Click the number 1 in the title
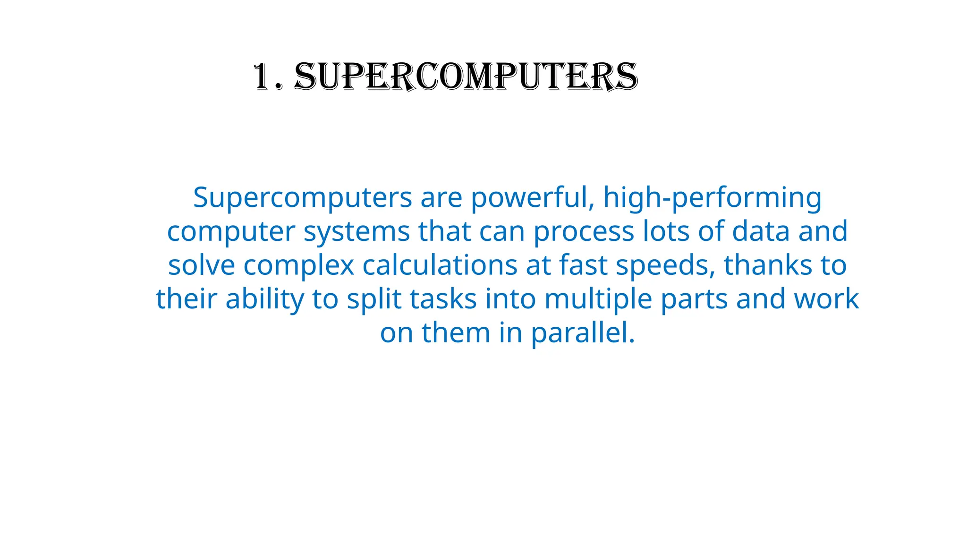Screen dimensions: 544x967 point(263,76)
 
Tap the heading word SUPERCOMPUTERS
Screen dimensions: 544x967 point(466,76)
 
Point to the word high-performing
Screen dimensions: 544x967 point(713,198)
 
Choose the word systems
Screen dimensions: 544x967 point(356,232)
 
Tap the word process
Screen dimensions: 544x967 point(584,232)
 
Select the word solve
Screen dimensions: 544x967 point(202,265)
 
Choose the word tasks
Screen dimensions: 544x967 point(443,299)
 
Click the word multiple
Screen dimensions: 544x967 point(598,299)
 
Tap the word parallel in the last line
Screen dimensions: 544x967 point(583,333)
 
